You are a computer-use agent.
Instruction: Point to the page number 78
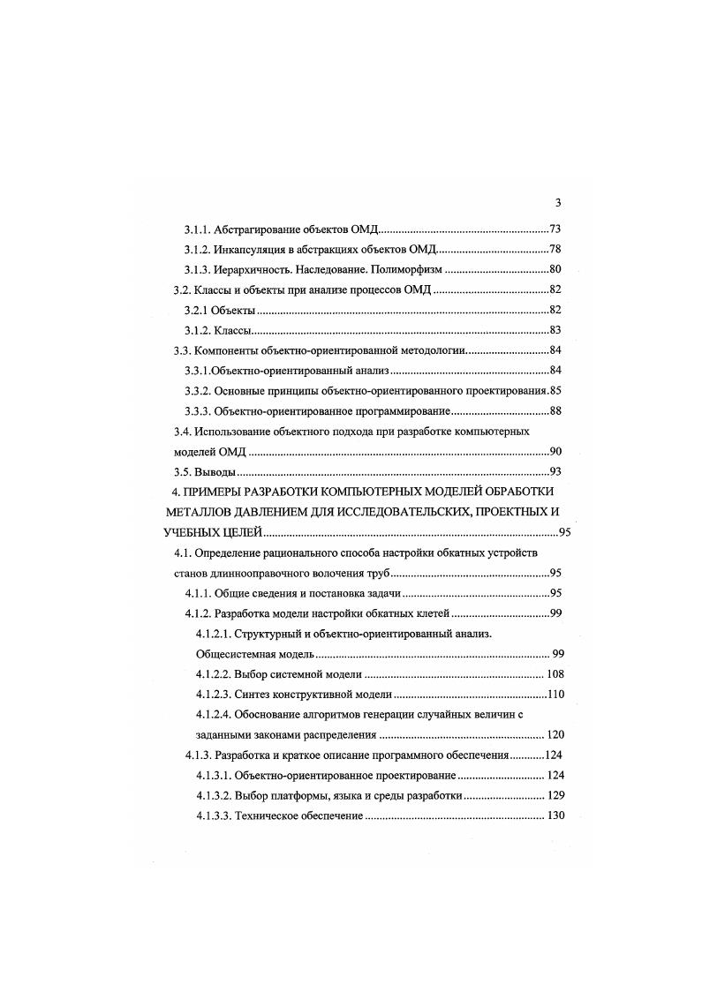click(555, 249)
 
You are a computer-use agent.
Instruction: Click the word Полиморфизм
click(408, 269)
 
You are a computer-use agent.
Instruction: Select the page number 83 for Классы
click(555, 330)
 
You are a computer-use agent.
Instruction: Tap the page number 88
click(555, 411)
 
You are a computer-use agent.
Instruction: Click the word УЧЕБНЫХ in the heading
click(194, 532)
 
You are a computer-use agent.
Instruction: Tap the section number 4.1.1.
click(200, 593)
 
